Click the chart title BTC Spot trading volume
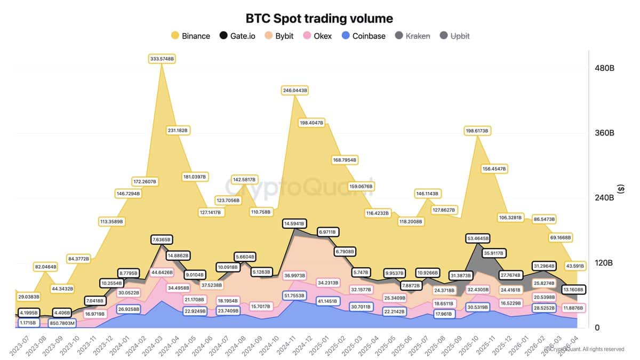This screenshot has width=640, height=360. pos(319,18)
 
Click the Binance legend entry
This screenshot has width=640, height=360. pos(190,36)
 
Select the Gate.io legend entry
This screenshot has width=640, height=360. pos(238,36)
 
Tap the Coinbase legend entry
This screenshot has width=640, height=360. pos(363,36)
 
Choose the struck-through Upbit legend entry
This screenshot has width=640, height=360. pos(454,36)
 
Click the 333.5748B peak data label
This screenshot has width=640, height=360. pos(162,59)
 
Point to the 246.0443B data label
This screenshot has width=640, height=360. pos(294,91)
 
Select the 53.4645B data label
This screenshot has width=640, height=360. pos(479,238)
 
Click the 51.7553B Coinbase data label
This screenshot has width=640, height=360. pos(294,295)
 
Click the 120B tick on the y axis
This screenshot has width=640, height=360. pos(605,263)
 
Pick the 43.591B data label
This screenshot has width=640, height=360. pos(574,265)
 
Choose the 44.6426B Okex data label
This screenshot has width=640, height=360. pos(162,273)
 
